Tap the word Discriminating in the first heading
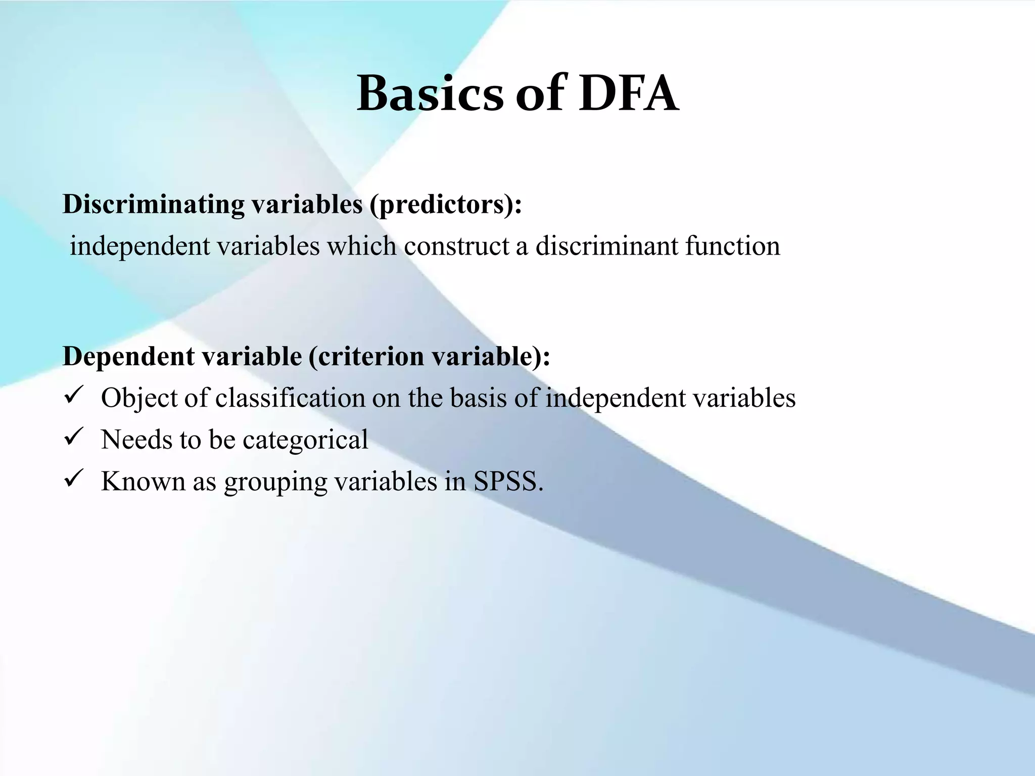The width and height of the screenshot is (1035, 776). [154, 205]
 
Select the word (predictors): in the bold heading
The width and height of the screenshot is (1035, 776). [445, 205]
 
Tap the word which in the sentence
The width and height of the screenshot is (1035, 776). [361, 247]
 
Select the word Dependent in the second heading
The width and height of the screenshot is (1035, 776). [128, 356]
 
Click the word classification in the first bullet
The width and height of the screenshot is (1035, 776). [290, 398]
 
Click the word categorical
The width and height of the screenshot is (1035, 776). [305, 440]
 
